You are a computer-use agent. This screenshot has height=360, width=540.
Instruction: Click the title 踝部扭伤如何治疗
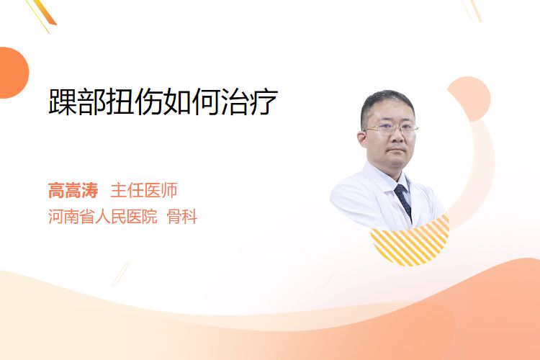163,102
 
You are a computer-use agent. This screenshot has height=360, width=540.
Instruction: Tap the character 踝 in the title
63,102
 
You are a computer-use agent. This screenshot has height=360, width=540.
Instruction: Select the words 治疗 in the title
250,102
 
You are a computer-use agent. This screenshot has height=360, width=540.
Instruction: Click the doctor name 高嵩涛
73,191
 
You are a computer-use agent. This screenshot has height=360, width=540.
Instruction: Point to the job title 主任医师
144,191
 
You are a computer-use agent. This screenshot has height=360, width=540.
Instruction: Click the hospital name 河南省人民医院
103,217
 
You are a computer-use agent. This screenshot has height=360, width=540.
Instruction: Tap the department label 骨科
182,217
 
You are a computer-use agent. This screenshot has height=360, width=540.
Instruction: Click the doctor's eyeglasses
391,129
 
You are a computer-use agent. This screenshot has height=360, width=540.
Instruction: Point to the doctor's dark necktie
403,201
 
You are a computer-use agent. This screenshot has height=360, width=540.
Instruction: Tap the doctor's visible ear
362,139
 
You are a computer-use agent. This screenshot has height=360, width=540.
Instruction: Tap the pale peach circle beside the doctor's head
469,99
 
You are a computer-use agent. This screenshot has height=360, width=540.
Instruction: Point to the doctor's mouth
397,150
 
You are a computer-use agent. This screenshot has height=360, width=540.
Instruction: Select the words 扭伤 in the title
135,102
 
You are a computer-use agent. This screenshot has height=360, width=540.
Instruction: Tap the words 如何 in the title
192,102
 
